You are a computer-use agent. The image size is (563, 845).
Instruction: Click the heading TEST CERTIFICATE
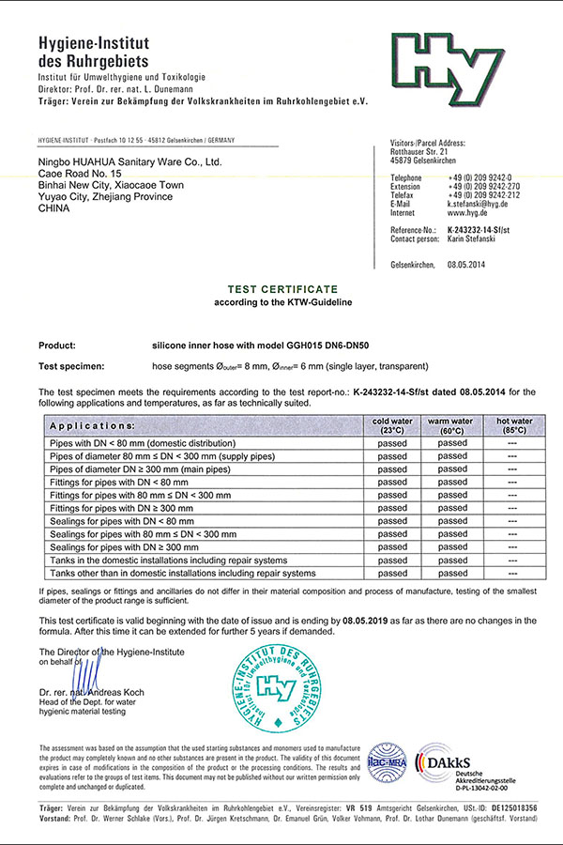tap(281, 290)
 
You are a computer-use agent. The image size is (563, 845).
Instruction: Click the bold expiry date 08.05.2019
tap(366, 621)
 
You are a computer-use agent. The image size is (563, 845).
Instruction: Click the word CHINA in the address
tap(54, 210)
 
